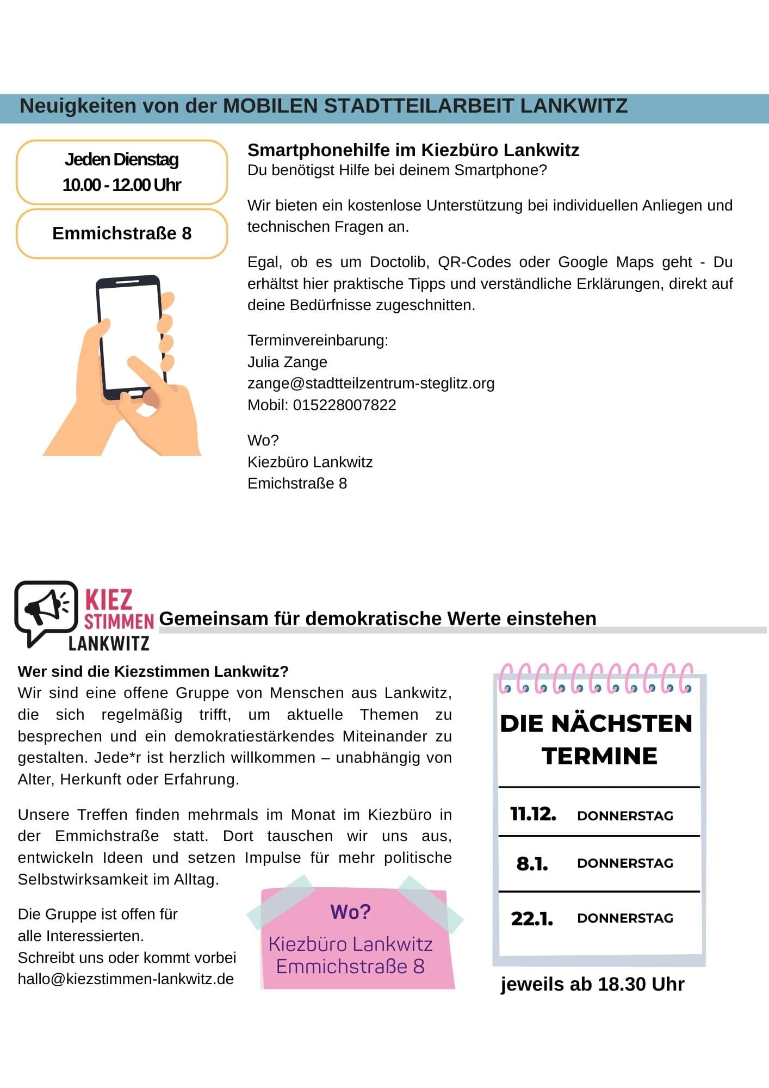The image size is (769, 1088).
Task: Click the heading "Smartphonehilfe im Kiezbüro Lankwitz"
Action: tap(413, 150)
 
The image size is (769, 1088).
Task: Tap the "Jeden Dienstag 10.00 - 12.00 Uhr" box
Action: tap(122, 172)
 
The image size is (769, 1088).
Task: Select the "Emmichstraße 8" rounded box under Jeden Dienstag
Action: tap(122, 233)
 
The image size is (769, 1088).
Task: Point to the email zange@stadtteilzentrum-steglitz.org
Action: tap(370, 384)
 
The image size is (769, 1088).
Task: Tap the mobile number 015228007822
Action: tap(344, 405)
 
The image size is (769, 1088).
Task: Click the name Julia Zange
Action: tap(287, 362)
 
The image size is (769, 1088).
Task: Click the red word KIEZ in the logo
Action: tap(109, 600)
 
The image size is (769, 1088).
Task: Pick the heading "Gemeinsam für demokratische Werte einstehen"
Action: tap(377, 619)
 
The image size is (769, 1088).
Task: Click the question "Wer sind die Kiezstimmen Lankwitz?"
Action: tap(153, 671)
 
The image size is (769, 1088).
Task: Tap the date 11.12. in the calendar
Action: tap(533, 814)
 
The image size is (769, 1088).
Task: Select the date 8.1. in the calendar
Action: tap(532, 863)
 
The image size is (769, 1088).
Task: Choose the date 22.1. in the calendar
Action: tap(532, 918)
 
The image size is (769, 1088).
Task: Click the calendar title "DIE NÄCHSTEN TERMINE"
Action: tap(597, 739)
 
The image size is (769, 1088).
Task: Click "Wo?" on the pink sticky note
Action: tap(351, 912)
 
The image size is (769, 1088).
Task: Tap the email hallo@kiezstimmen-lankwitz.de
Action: tap(126, 979)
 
